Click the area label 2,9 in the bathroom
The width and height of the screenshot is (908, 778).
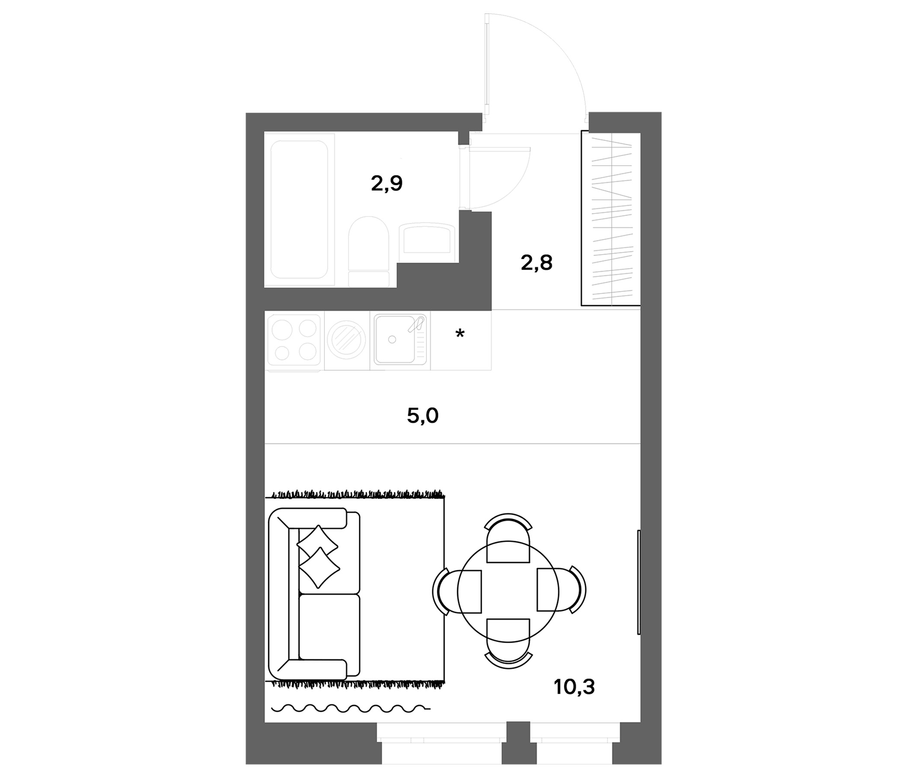(387, 184)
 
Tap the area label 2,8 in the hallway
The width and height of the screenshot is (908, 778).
(537, 263)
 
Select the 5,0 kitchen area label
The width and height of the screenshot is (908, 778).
(422, 416)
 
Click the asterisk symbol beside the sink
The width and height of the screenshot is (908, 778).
(460, 334)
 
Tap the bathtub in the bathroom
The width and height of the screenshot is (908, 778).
(299, 209)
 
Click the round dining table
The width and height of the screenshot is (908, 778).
(508, 591)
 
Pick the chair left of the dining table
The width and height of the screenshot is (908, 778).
(457, 591)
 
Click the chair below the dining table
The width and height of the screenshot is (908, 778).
(508, 644)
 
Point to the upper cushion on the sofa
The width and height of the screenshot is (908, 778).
(318, 543)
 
